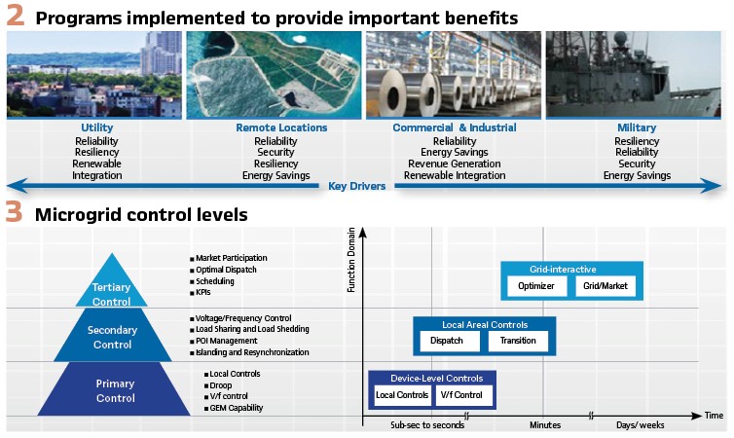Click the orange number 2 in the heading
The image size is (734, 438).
click(x=15, y=16)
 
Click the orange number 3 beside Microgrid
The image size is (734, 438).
click(x=14, y=211)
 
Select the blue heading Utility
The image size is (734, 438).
click(x=97, y=128)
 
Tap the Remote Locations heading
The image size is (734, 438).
click(x=281, y=128)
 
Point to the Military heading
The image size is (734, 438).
click(x=637, y=128)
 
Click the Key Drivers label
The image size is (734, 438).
click(x=356, y=186)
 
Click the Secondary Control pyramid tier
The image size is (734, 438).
click(x=112, y=335)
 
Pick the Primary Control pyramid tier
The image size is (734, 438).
click(x=114, y=389)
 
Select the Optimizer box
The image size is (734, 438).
click(x=536, y=286)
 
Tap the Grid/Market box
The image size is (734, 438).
click(x=606, y=286)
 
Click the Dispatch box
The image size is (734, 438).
click(x=447, y=341)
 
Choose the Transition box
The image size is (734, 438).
click(x=518, y=341)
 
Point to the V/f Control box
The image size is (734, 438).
click(x=462, y=395)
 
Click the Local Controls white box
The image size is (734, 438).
click(x=402, y=395)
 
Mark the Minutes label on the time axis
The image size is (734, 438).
click(x=545, y=425)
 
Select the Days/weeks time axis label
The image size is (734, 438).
click(x=640, y=425)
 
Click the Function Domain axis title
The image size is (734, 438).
click(x=351, y=260)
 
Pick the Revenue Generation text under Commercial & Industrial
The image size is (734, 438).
click(x=454, y=164)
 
